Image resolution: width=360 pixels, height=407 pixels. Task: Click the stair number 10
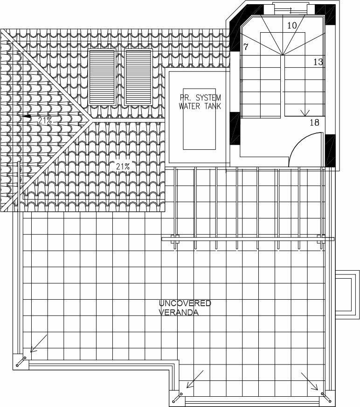292,26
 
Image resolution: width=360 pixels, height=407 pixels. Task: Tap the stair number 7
246,47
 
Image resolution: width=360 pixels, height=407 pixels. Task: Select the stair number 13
318,62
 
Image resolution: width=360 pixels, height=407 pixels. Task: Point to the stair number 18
314,123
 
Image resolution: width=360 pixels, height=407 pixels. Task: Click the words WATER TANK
200,106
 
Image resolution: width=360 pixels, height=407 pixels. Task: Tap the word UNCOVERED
185,303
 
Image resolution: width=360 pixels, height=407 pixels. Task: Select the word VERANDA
179,312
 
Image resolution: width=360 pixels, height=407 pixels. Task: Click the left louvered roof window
102,77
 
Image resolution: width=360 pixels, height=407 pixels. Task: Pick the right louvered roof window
138,77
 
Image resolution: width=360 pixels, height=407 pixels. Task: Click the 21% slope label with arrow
42,120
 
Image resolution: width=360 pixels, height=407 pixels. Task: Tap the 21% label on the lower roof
123,166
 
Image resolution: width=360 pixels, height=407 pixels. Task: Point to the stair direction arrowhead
305,112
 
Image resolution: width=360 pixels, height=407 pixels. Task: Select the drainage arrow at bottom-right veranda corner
310,381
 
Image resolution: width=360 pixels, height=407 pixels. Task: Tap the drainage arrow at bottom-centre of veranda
194,379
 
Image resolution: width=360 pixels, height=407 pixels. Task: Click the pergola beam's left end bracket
175,239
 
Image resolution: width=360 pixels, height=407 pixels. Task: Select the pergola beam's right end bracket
321,239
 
